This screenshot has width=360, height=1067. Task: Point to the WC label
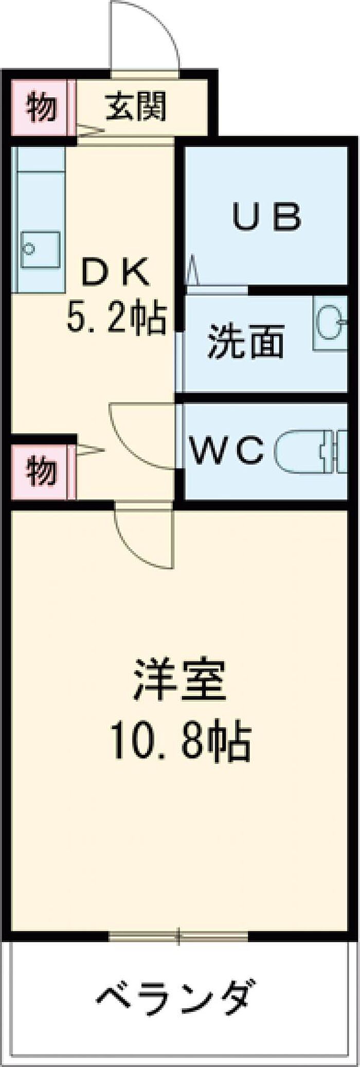(x=228, y=450)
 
